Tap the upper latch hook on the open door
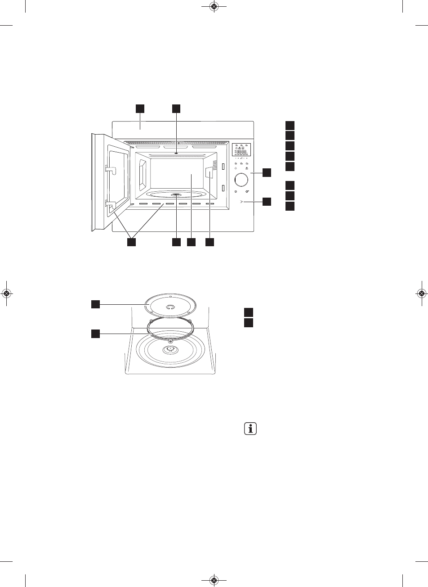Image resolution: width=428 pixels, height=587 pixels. [111, 169]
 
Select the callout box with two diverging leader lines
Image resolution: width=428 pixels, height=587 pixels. [131, 242]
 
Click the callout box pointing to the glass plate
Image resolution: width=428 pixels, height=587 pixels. [95, 305]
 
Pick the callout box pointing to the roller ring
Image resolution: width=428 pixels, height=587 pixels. [95, 334]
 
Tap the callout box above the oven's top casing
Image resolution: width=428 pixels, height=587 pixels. [140, 108]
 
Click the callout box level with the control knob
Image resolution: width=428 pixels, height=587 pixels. [267, 172]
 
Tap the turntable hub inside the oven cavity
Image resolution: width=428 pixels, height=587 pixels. [176, 195]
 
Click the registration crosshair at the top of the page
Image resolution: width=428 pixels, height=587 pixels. [214, 7]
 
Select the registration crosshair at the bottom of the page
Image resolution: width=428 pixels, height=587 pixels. [214, 580]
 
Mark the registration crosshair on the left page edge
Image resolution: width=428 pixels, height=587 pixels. [6, 293]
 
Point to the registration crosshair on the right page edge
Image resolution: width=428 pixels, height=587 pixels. [422, 293]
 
